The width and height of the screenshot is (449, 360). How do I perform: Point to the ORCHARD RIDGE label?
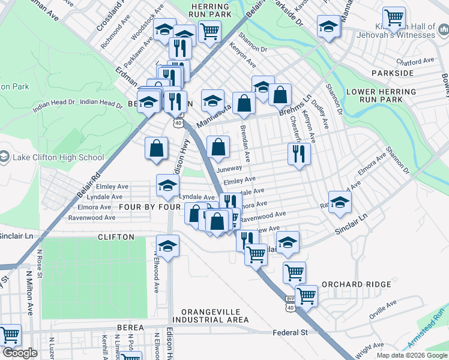352,284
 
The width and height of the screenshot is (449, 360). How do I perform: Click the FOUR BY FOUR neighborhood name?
150,207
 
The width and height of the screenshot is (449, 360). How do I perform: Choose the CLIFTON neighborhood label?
116,237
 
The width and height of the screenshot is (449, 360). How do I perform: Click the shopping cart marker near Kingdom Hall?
394,18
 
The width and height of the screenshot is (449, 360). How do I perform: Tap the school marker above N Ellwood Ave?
167,245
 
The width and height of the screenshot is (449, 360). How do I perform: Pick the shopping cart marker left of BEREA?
10,334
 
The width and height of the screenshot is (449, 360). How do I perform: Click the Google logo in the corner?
20,353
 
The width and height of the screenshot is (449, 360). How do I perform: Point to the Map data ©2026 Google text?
411,355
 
